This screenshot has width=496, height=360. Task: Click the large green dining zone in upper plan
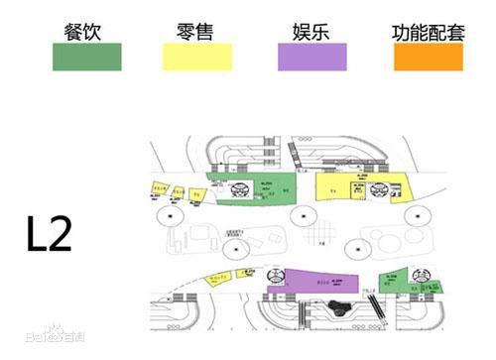[258, 190]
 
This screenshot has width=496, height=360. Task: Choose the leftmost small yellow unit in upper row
[156, 187]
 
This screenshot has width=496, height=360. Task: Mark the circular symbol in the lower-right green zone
[420, 277]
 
